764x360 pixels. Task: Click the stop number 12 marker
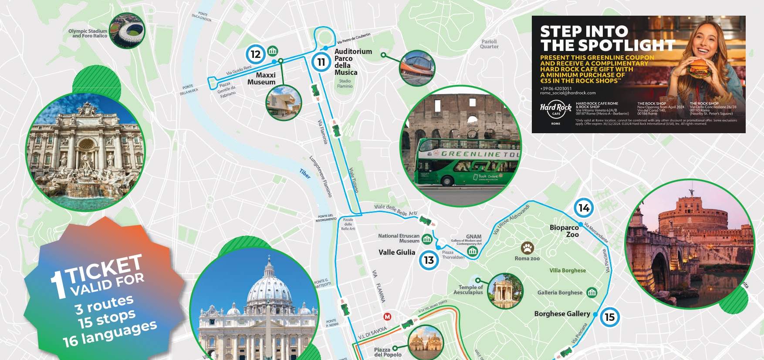point(255,54)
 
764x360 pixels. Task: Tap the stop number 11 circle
point(321,62)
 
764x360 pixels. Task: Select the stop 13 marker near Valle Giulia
point(429,260)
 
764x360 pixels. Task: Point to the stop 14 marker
point(584,208)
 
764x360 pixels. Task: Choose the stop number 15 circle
point(610,317)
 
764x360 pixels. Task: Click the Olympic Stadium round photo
point(127,30)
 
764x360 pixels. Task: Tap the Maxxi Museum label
point(262,78)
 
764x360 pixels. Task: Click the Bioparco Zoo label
point(565,231)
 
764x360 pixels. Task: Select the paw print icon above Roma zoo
point(527,248)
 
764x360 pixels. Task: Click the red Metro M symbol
point(387,316)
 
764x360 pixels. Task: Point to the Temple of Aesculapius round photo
point(505,291)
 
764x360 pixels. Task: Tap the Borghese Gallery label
point(562,313)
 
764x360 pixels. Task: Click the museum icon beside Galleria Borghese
point(592,292)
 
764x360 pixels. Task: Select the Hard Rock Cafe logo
point(556,109)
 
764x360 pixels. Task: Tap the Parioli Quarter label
point(489,44)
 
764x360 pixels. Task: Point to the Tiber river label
point(305,174)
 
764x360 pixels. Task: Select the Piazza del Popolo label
point(387,352)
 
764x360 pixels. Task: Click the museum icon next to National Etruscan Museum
point(427,239)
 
